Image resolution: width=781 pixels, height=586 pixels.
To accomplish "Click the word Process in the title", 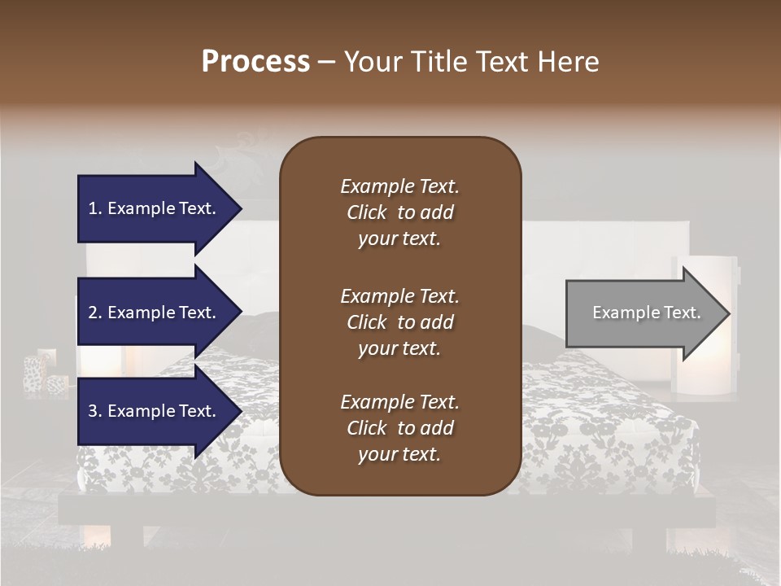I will (255, 61).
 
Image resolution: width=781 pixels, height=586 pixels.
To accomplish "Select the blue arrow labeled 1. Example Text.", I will (155, 208).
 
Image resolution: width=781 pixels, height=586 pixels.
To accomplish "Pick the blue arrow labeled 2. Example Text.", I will (155, 313).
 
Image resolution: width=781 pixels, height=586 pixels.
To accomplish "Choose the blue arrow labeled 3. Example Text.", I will (155, 411).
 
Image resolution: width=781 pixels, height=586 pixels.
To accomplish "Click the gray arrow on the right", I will (643, 313).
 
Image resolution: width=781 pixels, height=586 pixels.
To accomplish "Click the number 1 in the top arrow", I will (94, 208).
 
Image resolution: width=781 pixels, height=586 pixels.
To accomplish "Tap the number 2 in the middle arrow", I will (94, 313).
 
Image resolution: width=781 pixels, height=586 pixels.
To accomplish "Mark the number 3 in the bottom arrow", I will (94, 411).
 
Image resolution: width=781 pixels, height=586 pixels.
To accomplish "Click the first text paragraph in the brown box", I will (399, 212).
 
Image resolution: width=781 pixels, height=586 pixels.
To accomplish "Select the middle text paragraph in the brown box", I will (399, 322).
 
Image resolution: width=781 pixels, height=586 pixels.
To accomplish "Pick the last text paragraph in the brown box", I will (399, 428).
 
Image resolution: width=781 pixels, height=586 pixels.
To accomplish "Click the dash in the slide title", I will (326, 62).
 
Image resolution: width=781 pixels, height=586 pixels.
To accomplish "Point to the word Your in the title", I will (370, 61).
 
